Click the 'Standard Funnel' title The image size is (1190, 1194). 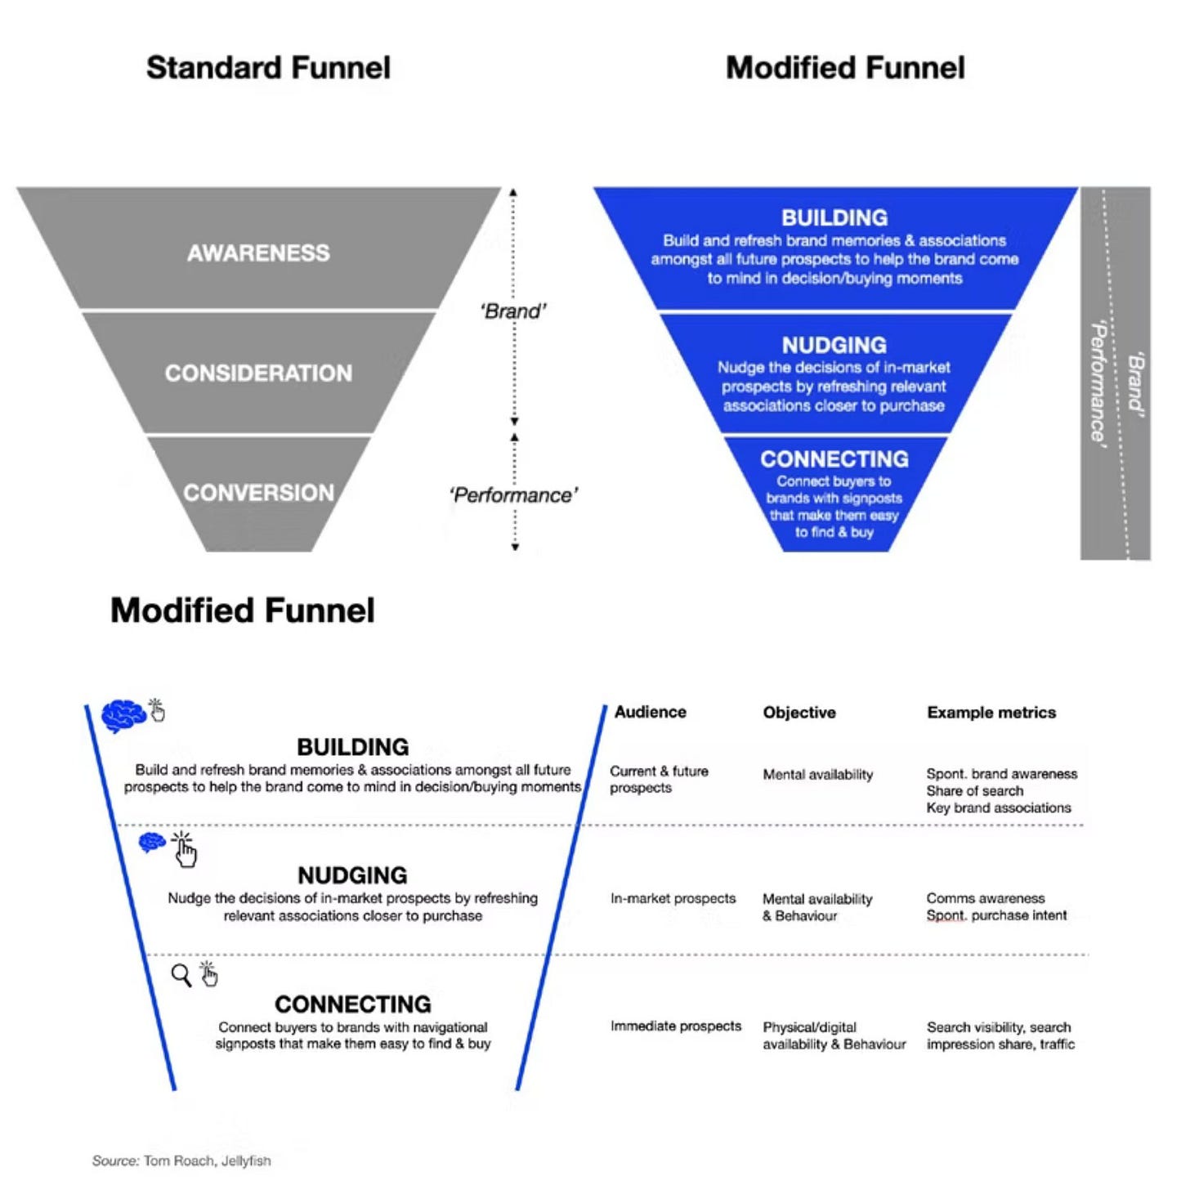268,68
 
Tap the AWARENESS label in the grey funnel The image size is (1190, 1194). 258,253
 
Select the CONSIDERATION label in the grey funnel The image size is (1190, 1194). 258,373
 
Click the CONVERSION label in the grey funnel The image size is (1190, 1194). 258,493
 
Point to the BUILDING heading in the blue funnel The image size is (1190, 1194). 834,218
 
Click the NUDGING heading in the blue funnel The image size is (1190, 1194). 834,346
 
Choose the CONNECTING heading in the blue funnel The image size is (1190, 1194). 834,459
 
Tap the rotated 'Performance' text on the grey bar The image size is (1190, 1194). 1099,382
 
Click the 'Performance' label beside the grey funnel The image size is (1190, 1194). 513,495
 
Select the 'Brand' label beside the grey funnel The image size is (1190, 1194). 513,311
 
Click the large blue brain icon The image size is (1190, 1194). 123,716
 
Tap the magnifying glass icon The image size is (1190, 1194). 181,975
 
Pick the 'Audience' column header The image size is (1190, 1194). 650,712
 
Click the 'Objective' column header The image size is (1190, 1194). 799,713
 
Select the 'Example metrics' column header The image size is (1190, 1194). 991,713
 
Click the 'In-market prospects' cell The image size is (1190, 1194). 673,899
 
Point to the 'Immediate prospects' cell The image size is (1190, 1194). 675,1026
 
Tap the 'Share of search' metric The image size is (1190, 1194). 974,791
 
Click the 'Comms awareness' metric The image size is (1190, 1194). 985,899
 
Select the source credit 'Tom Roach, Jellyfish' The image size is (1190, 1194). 207,1160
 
